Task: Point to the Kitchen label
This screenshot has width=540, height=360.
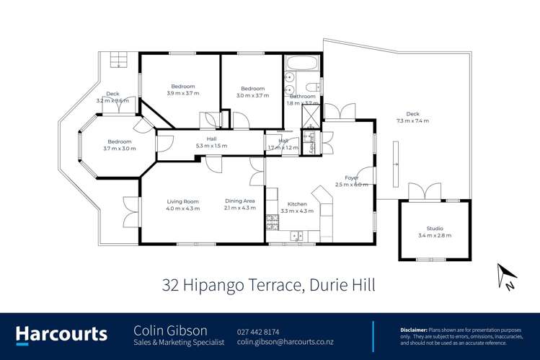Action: [x=297, y=204]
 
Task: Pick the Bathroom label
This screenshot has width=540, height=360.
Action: [x=302, y=96]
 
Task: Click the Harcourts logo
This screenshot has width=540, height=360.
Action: [x=61, y=333]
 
